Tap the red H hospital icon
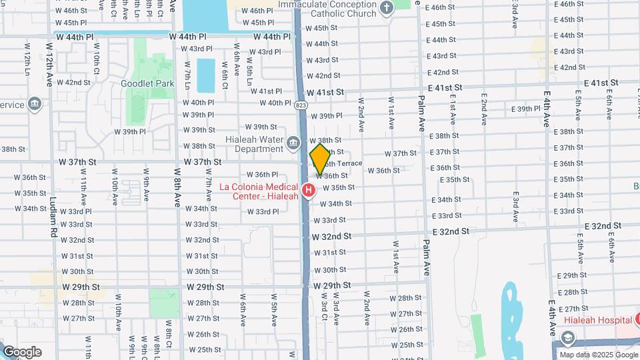pos(308,191)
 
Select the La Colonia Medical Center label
pos(260,191)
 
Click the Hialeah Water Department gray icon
pos(293,143)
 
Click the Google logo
pos(21,352)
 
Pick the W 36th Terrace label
pos(345,163)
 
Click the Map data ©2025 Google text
pos(598,355)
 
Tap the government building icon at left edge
pos(35,104)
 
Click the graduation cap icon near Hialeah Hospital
pos(567,339)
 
